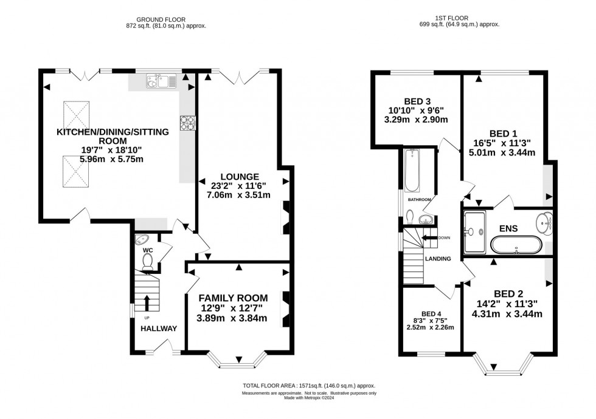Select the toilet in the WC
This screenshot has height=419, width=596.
pyautogui.click(x=147, y=261)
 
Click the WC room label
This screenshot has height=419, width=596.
pyautogui.click(x=147, y=250)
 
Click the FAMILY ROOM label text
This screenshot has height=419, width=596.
pyautogui.click(x=234, y=298)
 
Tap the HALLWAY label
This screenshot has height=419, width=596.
pyautogui.click(x=159, y=329)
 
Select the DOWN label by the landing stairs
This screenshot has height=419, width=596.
pyautogui.click(x=445, y=238)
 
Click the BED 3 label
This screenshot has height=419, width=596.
pyautogui.click(x=417, y=101)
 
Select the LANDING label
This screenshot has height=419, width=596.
pyautogui.click(x=438, y=259)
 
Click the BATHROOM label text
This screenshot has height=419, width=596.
pyautogui.click(x=419, y=200)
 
